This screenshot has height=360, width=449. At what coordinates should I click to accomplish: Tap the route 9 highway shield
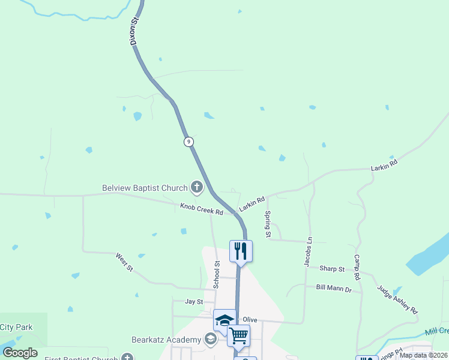click(x=189, y=142)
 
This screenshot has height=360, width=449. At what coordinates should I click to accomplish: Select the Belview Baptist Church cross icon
click(x=196, y=188)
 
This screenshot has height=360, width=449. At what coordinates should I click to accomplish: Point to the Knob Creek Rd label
click(x=202, y=209)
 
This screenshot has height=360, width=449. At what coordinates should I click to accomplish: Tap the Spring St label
click(x=268, y=223)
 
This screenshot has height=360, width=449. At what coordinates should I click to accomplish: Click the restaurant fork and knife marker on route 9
click(x=241, y=250)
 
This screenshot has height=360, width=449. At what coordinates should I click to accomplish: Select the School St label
click(x=217, y=273)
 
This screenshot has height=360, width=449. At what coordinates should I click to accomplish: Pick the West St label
click(x=124, y=262)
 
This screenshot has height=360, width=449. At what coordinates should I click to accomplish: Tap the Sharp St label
click(x=332, y=269)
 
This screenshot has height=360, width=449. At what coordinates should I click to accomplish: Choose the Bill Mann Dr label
click(x=334, y=288)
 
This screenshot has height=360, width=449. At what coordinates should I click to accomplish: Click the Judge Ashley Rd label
click(x=397, y=299)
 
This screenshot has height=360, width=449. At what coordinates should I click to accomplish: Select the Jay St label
click(x=193, y=302)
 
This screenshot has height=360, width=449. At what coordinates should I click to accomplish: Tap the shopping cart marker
click(x=238, y=336)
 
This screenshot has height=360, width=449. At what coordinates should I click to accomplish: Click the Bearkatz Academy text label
click(x=166, y=340)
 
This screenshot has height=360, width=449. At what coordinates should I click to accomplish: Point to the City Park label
click(x=16, y=328)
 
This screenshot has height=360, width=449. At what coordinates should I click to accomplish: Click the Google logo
click(x=20, y=352)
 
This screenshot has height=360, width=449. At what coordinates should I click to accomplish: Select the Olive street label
click(x=250, y=320)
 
